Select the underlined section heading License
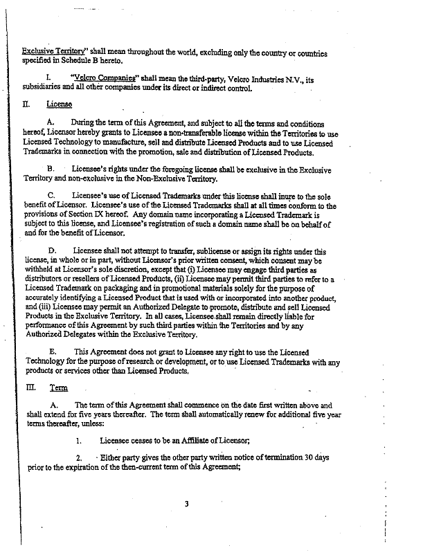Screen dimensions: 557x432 [x=60, y=104]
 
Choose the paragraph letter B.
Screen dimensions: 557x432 [x=51, y=170]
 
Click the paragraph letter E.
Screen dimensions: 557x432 [x=52, y=351]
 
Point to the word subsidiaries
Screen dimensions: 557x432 [x=43, y=89]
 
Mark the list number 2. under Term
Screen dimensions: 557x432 [x=80, y=458]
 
